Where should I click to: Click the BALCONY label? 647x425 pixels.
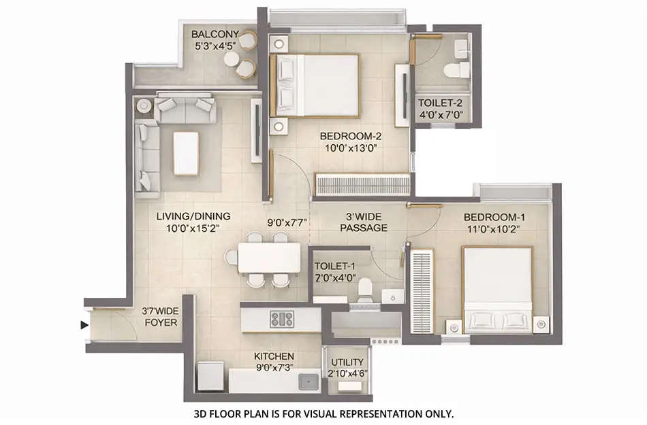click(215, 35)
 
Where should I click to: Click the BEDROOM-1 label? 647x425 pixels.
click(495, 217)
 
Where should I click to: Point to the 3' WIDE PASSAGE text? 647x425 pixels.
click(364, 222)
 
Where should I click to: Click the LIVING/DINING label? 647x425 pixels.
click(193, 216)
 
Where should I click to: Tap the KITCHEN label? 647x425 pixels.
click(274, 356)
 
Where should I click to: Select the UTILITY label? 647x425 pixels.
click(347, 362)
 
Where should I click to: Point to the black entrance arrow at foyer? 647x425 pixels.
click(84, 325)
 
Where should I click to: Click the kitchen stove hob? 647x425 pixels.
click(281, 319)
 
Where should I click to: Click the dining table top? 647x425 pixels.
click(269, 258)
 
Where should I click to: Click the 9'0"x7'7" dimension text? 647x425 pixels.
click(288, 222)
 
